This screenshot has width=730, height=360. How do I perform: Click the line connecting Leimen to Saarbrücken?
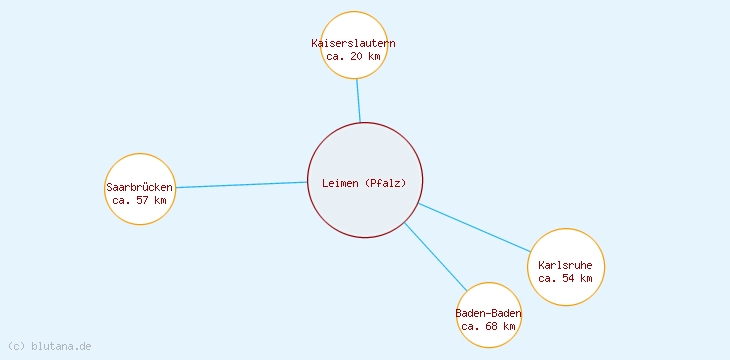[240, 185]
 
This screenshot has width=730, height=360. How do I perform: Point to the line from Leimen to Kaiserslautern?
[358, 100]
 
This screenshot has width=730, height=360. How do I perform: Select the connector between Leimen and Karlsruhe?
[475, 227]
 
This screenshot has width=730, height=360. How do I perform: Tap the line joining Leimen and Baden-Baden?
[435, 256]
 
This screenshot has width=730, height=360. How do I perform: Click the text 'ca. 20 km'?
[354, 57]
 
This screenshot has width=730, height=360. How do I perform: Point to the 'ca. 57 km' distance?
[140, 201]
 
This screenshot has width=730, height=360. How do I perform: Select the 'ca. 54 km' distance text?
[566, 278]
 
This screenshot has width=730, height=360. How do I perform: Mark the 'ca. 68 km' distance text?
[489, 326]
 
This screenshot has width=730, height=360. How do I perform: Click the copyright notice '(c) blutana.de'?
[49, 346]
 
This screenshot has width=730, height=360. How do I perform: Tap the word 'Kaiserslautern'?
[354, 44]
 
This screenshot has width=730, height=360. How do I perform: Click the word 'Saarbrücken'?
[140, 187]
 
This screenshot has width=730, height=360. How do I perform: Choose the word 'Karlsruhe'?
[566, 265]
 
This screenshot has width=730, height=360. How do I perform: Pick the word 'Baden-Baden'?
[489, 313]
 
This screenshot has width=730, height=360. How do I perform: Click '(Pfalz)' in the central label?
[386, 183]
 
